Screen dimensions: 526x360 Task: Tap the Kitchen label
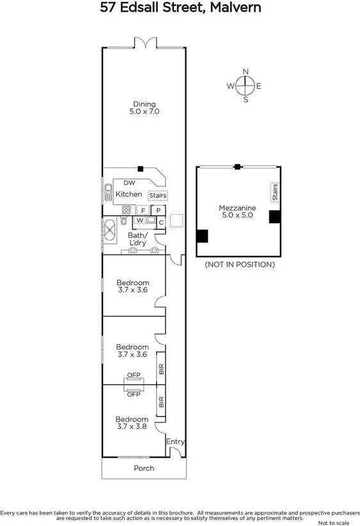tap(129, 194)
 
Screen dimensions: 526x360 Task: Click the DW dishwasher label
tap(129, 182)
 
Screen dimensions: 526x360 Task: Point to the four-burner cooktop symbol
tap(126, 209)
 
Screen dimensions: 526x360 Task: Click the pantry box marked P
tap(158, 209)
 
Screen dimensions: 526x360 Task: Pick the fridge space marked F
tap(143, 210)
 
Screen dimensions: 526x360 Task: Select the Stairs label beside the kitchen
tap(157, 195)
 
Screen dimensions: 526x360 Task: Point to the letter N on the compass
tap(245, 72)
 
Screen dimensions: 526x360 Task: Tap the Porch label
tap(144, 468)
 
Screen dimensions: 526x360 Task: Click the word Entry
tap(175, 442)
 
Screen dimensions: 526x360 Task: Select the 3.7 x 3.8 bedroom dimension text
tap(132, 426)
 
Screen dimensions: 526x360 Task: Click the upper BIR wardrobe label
tap(161, 369)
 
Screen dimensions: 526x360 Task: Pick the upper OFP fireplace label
tap(134, 375)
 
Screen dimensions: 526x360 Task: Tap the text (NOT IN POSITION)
tap(239, 264)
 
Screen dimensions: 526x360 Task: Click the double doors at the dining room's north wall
tap(145, 43)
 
